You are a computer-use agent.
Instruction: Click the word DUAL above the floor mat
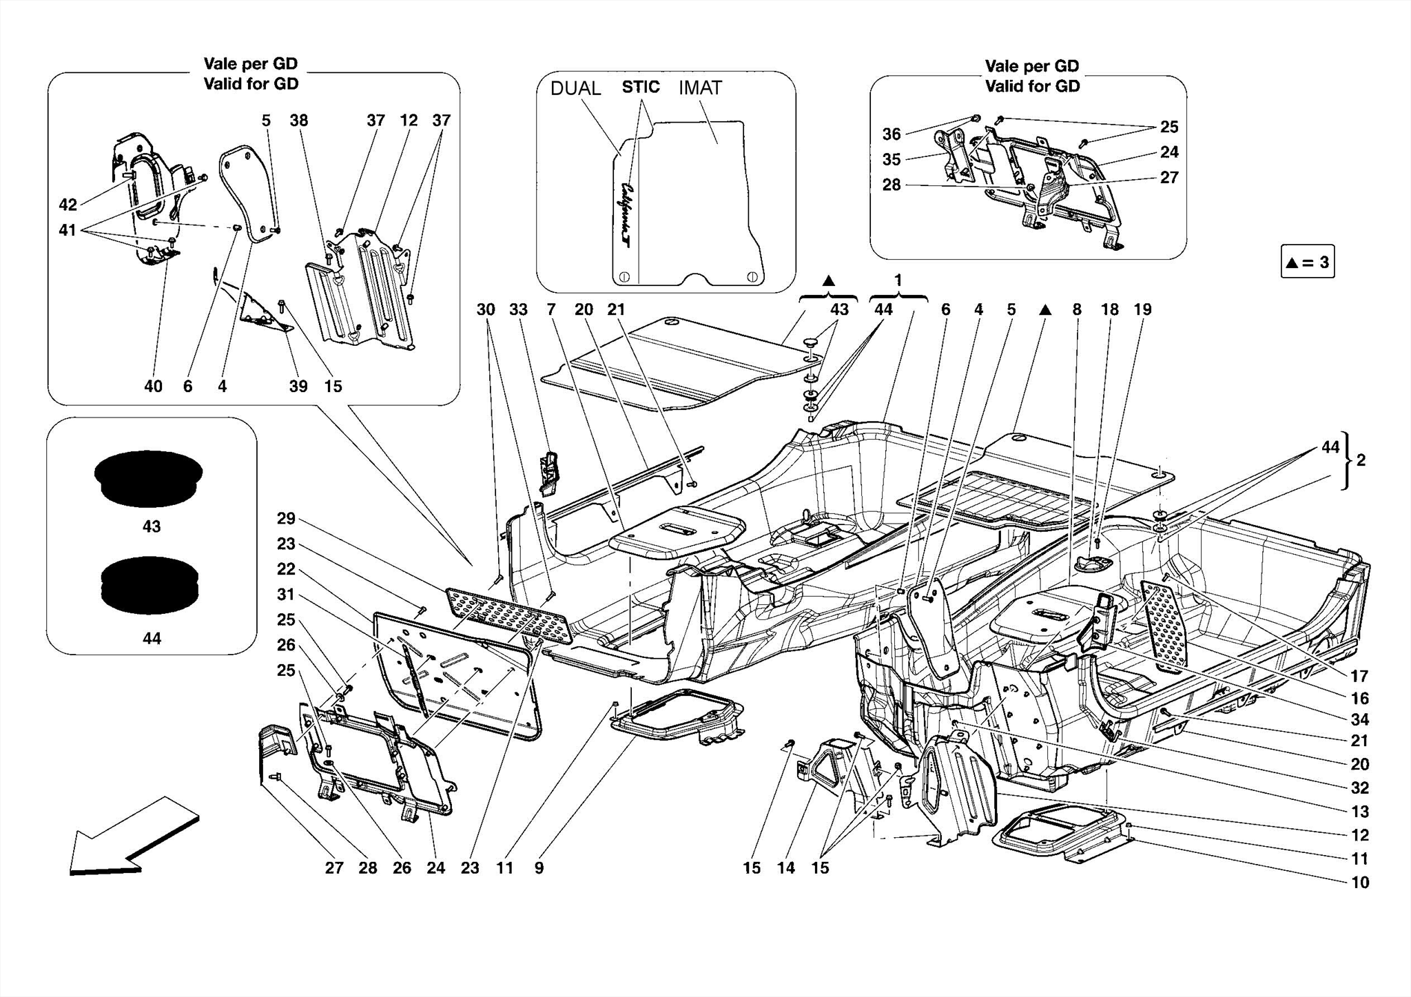click(575, 88)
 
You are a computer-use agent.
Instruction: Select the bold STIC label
click(640, 87)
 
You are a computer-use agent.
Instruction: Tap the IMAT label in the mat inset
click(700, 88)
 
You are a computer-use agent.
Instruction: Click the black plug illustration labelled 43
click(148, 479)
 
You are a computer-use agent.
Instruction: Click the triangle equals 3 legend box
click(1307, 262)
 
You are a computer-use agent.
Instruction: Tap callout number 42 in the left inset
click(68, 205)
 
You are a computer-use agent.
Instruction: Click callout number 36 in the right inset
click(891, 134)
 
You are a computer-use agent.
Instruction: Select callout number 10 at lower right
click(1359, 883)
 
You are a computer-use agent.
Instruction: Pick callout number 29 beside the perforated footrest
click(286, 518)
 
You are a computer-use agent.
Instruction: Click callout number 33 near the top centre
click(518, 310)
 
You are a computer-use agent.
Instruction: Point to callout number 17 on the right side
click(1359, 676)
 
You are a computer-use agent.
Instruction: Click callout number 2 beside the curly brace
click(1361, 460)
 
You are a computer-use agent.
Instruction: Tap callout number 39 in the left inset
click(298, 387)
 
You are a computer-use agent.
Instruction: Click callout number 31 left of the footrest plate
click(286, 594)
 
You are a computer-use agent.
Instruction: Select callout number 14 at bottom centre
click(785, 868)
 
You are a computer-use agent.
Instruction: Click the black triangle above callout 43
click(829, 281)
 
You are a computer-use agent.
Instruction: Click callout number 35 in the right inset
click(891, 159)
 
